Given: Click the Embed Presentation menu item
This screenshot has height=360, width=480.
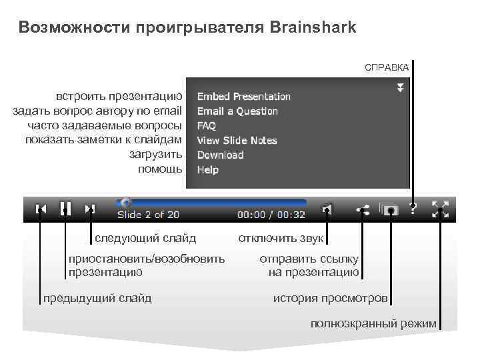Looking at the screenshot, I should click(x=243, y=97).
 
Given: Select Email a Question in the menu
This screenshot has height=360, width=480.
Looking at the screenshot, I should click(x=237, y=111).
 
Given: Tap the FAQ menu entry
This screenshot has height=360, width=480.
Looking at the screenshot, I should click(x=206, y=126).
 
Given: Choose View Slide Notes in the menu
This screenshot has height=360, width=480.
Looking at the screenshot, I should click(x=237, y=141).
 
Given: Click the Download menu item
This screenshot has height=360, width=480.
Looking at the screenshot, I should click(x=220, y=155).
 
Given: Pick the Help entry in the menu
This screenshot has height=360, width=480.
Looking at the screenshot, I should click(x=207, y=170).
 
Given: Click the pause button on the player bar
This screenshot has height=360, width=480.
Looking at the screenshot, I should click(x=65, y=208).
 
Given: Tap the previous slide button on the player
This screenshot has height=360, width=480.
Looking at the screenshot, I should click(x=41, y=209).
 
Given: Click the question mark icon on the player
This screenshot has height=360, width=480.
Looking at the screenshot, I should click(x=413, y=209).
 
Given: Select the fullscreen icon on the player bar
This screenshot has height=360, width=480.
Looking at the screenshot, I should click(x=440, y=209).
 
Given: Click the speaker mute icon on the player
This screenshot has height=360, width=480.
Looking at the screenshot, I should click(x=327, y=209).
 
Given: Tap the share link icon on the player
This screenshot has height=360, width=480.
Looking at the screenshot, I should click(x=363, y=209).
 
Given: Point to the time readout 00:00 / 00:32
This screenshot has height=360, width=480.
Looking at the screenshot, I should click(x=271, y=215).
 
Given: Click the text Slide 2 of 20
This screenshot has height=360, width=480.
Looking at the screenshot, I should click(x=148, y=215).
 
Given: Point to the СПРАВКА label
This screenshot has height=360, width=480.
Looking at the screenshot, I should click(x=387, y=67).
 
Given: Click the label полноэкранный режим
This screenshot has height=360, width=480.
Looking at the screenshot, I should click(x=373, y=324).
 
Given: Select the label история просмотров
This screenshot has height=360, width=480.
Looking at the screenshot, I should click(x=330, y=298).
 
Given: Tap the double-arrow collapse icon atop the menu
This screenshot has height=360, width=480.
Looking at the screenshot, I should click(x=400, y=87).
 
